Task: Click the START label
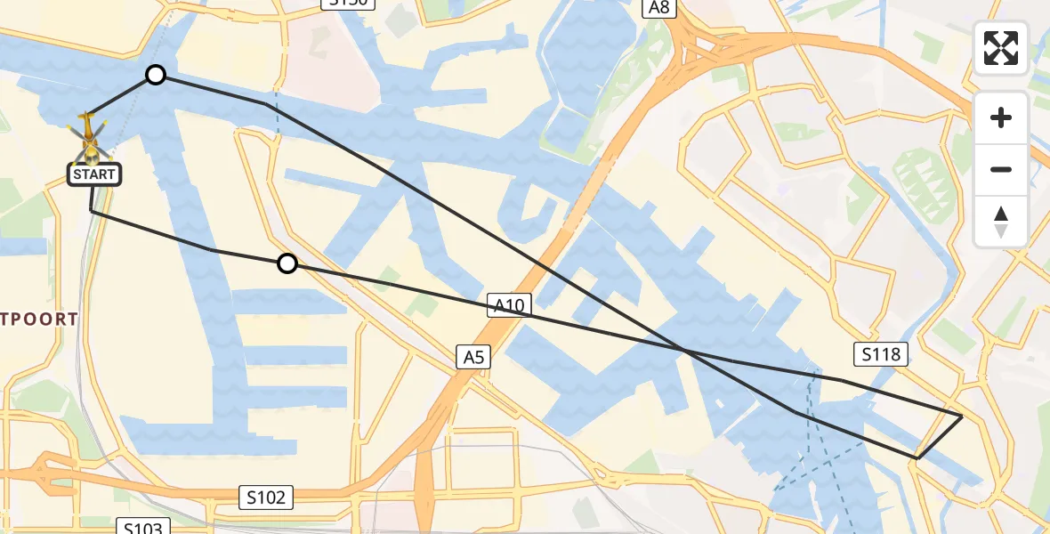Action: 94,174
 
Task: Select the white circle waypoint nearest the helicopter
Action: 156,75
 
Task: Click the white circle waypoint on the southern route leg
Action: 287,263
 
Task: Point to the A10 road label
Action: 509,306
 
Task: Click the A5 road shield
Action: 473,357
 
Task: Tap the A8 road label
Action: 659,7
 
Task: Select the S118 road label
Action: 882,354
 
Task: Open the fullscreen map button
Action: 1001,48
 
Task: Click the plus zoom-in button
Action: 1001,117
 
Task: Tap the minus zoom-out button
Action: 1001,169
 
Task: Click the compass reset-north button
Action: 1001,220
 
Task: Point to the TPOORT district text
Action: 39,319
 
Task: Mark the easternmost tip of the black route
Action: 962,416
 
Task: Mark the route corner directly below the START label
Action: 92,211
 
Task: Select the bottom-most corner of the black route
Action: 917,458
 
